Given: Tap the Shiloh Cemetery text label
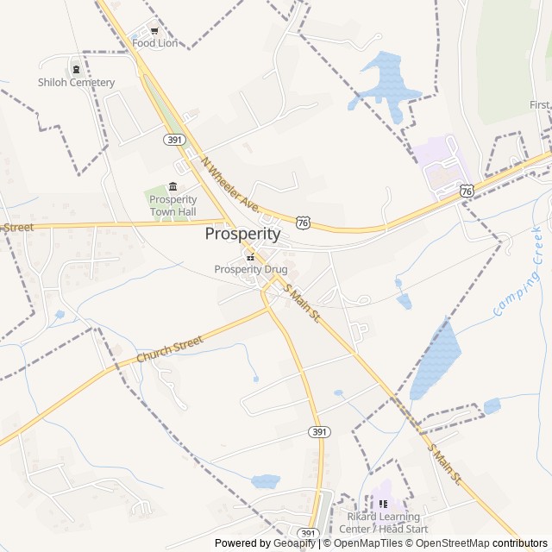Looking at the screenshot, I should pyautogui.click(x=76, y=83).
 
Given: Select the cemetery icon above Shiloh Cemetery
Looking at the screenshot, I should pyautogui.click(x=76, y=70).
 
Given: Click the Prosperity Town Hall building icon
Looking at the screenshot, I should pyautogui.click(x=173, y=187).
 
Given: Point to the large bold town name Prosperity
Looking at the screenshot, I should pyautogui.click(x=242, y=234).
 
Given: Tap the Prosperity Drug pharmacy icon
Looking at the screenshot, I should pyautogui.click(x=250, y=257).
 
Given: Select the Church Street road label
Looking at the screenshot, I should pyautogui.click(x=169, y=348).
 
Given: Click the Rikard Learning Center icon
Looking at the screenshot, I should pyautogui.click(x=383, y=505).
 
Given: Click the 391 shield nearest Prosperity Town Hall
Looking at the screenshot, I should pyautogui.click(x=174, y=140).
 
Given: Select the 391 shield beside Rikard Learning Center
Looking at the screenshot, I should pyautogui.click(x=309, y=533).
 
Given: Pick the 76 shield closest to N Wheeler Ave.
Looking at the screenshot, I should pyautogui.click(x=302, y=223).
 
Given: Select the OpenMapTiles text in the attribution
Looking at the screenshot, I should pyautogui.click(x=367, y=543).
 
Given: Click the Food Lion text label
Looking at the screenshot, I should pyautogui.click(x=154, y=42).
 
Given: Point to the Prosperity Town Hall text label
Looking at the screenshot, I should pyautogui.click(x=173, y=205).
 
